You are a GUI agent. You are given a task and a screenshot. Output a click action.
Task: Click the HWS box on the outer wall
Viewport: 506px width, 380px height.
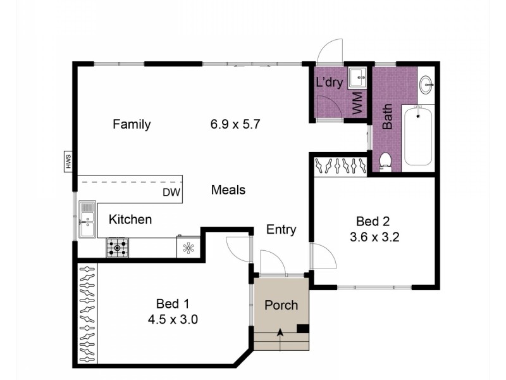pyautogui.click(x=68, y=161)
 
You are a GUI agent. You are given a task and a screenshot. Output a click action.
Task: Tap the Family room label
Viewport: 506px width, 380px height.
pyautogui.click(x=132, y=124)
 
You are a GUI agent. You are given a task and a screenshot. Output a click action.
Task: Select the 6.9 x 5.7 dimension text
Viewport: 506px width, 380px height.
pyautogui.click(x=235, y=124)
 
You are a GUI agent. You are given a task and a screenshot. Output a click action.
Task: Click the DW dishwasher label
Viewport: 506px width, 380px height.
pyautogui.click(x=171, y=193)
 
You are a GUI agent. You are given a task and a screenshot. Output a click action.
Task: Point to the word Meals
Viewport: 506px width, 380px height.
pyautogui.click(x=228, y=190)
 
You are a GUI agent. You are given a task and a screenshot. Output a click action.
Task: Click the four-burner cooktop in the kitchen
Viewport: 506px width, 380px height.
pyautogui.click(x=117, y=248)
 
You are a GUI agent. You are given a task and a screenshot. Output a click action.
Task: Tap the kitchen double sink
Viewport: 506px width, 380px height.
pyautogui.click(x=87, y=219)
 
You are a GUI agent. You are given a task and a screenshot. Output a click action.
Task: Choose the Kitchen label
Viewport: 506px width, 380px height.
pyautogui.click(x=130, y=220)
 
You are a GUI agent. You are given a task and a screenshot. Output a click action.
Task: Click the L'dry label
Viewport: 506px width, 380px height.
pyautogui.click(x=330, y=82)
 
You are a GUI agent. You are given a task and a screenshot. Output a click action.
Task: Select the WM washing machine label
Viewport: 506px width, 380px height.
pyautogui.click(x=357, y=103)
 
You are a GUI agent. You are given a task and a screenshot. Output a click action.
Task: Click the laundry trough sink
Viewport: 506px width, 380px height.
pyautogui.click(x=357, y=78)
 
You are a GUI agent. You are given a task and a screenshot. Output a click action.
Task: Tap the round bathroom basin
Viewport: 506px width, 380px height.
pyautogui.click(x=427, y=85)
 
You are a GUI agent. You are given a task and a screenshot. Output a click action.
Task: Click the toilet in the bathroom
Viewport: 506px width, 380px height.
pyautogui.click(x=385, y=162)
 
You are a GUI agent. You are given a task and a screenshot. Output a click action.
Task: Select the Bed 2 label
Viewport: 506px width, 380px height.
pyautogui.click(x=373, y=222)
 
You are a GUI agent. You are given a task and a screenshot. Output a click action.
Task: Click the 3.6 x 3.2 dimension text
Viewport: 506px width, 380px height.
pyautogui.click(x=374, y=237)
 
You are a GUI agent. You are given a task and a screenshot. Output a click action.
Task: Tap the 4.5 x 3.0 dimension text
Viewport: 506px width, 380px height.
pyautogui.click(x=173, y=320)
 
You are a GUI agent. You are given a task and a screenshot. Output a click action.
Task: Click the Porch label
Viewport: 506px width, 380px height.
pyautogui.click(x=281, y=306)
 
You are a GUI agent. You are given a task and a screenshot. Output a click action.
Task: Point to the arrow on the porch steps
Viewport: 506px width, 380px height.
pyautogui.click(x=280, y=339)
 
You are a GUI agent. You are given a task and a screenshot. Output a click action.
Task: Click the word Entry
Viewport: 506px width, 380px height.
pyautogui.click(x=281, y=230)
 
